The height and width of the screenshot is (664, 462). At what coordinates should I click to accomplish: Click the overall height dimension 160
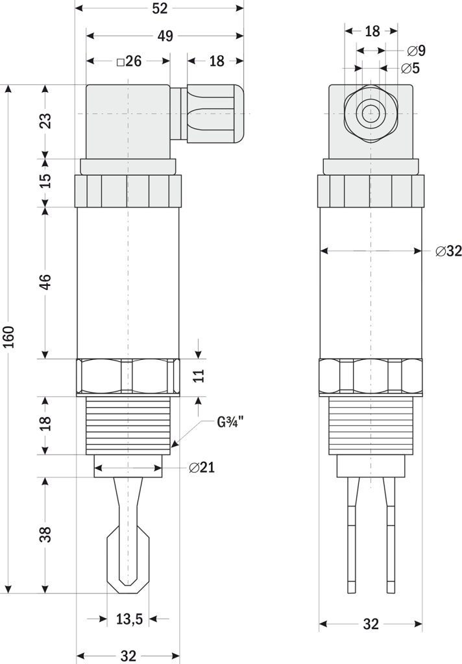9,338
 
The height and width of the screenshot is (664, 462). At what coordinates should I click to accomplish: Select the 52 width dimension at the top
159,8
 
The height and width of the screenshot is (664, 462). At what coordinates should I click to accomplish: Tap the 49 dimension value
165,36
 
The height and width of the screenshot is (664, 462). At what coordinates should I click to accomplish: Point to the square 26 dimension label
128,62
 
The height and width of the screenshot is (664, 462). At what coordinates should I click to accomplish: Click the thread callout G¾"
230,423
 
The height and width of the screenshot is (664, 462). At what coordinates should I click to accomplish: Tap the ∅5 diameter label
410,68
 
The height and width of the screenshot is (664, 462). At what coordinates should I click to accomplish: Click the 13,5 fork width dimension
129,619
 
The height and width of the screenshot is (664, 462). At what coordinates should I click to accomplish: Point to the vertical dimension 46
45,283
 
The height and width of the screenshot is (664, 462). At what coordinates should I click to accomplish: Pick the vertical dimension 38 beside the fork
45,535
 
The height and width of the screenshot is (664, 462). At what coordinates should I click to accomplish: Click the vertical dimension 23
45,121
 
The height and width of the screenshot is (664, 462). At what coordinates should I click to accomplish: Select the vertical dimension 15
45,182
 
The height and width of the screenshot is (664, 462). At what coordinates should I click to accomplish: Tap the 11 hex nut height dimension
199,376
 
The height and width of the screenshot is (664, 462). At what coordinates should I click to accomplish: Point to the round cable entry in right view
371,113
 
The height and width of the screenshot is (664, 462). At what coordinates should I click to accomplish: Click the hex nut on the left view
128,377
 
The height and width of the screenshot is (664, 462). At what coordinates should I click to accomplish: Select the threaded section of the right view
371,425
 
